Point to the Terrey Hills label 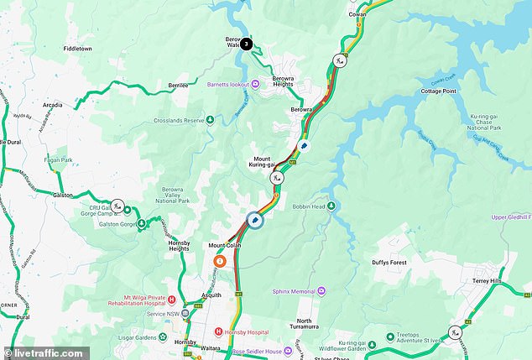click(489, 280)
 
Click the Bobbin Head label click(307, 206)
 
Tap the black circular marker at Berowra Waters click(246, 43)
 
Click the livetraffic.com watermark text click(48, 353)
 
